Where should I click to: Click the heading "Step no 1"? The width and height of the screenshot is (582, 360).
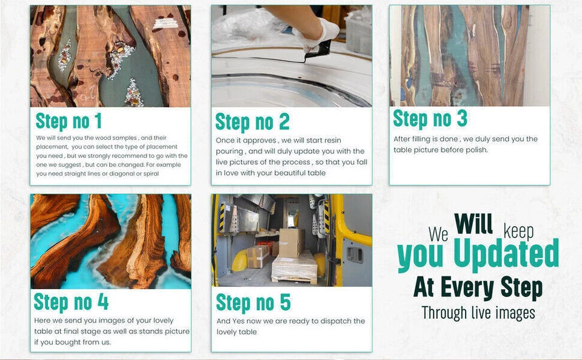coord(69,121)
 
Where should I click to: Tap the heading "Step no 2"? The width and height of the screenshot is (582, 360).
coord(252,122)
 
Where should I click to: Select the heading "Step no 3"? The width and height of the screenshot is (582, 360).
coord(430,119)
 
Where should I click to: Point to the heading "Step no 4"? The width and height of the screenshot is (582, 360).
coord(71,302)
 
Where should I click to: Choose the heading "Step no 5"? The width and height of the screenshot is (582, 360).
coord(253,302)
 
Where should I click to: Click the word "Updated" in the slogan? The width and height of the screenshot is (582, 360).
coord(506,254)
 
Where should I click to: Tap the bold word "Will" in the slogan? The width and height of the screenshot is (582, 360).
coord(473,224)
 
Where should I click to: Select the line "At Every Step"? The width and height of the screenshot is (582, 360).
coord(478,288)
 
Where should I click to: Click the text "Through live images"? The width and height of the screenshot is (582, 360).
coord(478,313)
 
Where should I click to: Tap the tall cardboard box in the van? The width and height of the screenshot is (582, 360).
coord(292,242)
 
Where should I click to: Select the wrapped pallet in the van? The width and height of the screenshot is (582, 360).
coord(295,267)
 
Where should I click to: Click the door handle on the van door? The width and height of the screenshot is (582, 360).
coord(355,254)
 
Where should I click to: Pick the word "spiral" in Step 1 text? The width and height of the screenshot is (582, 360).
coord(151,174)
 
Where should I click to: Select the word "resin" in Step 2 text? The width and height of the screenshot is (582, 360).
coord(333,140)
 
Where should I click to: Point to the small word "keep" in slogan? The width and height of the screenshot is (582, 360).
coord(518,232)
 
